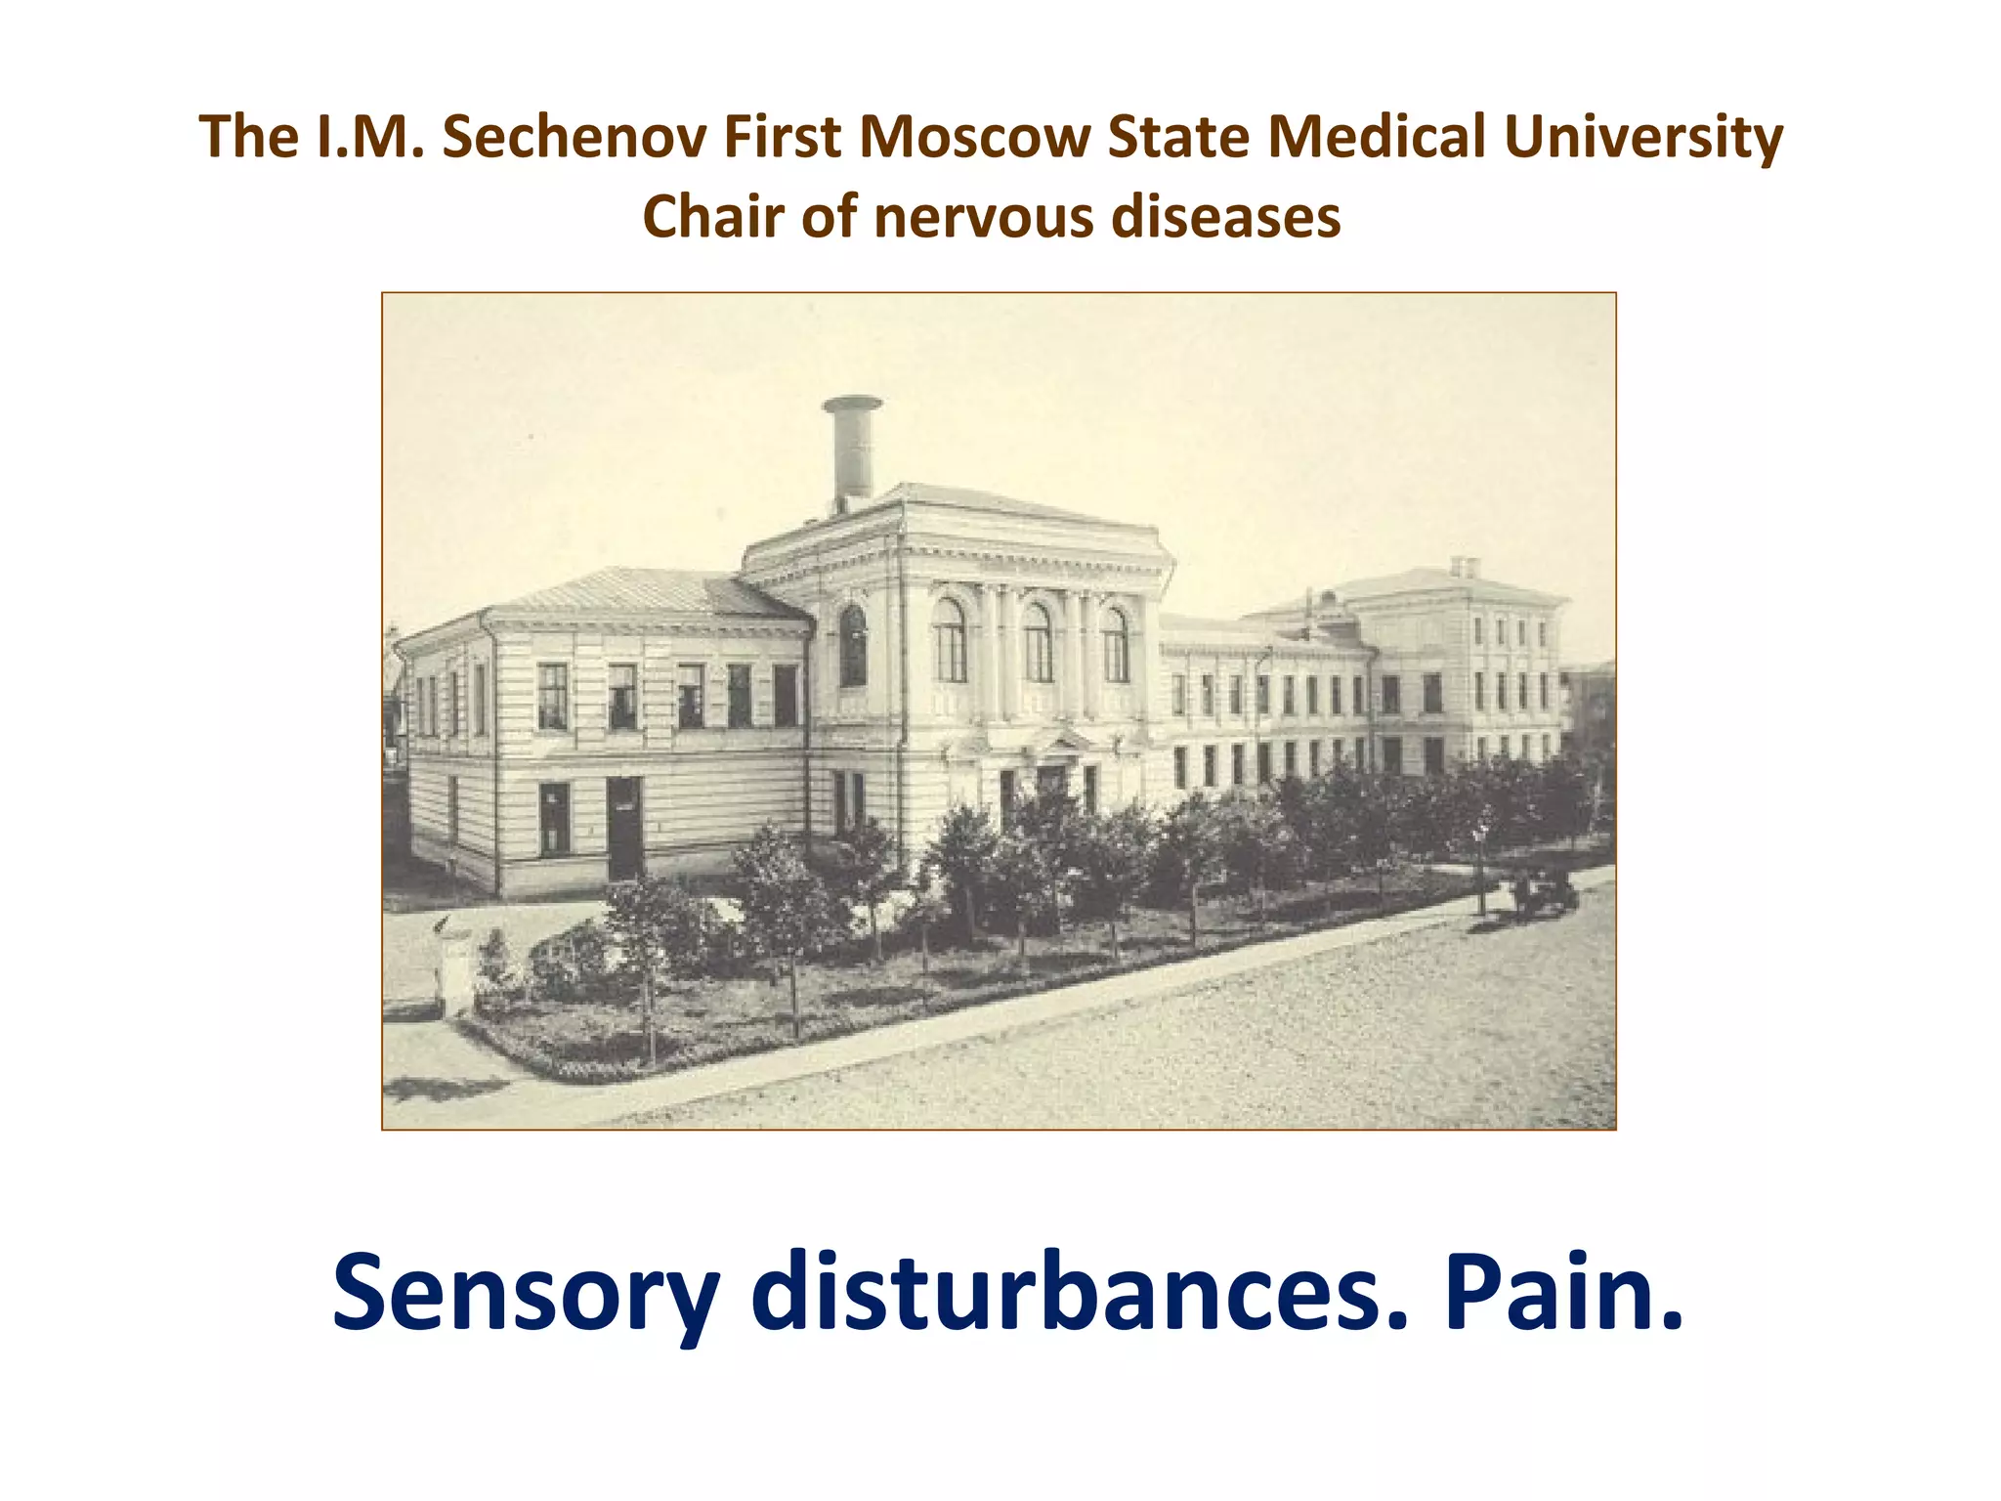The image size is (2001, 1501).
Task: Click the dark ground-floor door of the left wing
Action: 624,827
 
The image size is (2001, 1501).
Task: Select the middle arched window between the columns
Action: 1038,642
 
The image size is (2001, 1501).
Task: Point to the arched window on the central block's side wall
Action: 853,645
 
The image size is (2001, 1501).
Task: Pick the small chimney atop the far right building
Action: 1464,567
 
